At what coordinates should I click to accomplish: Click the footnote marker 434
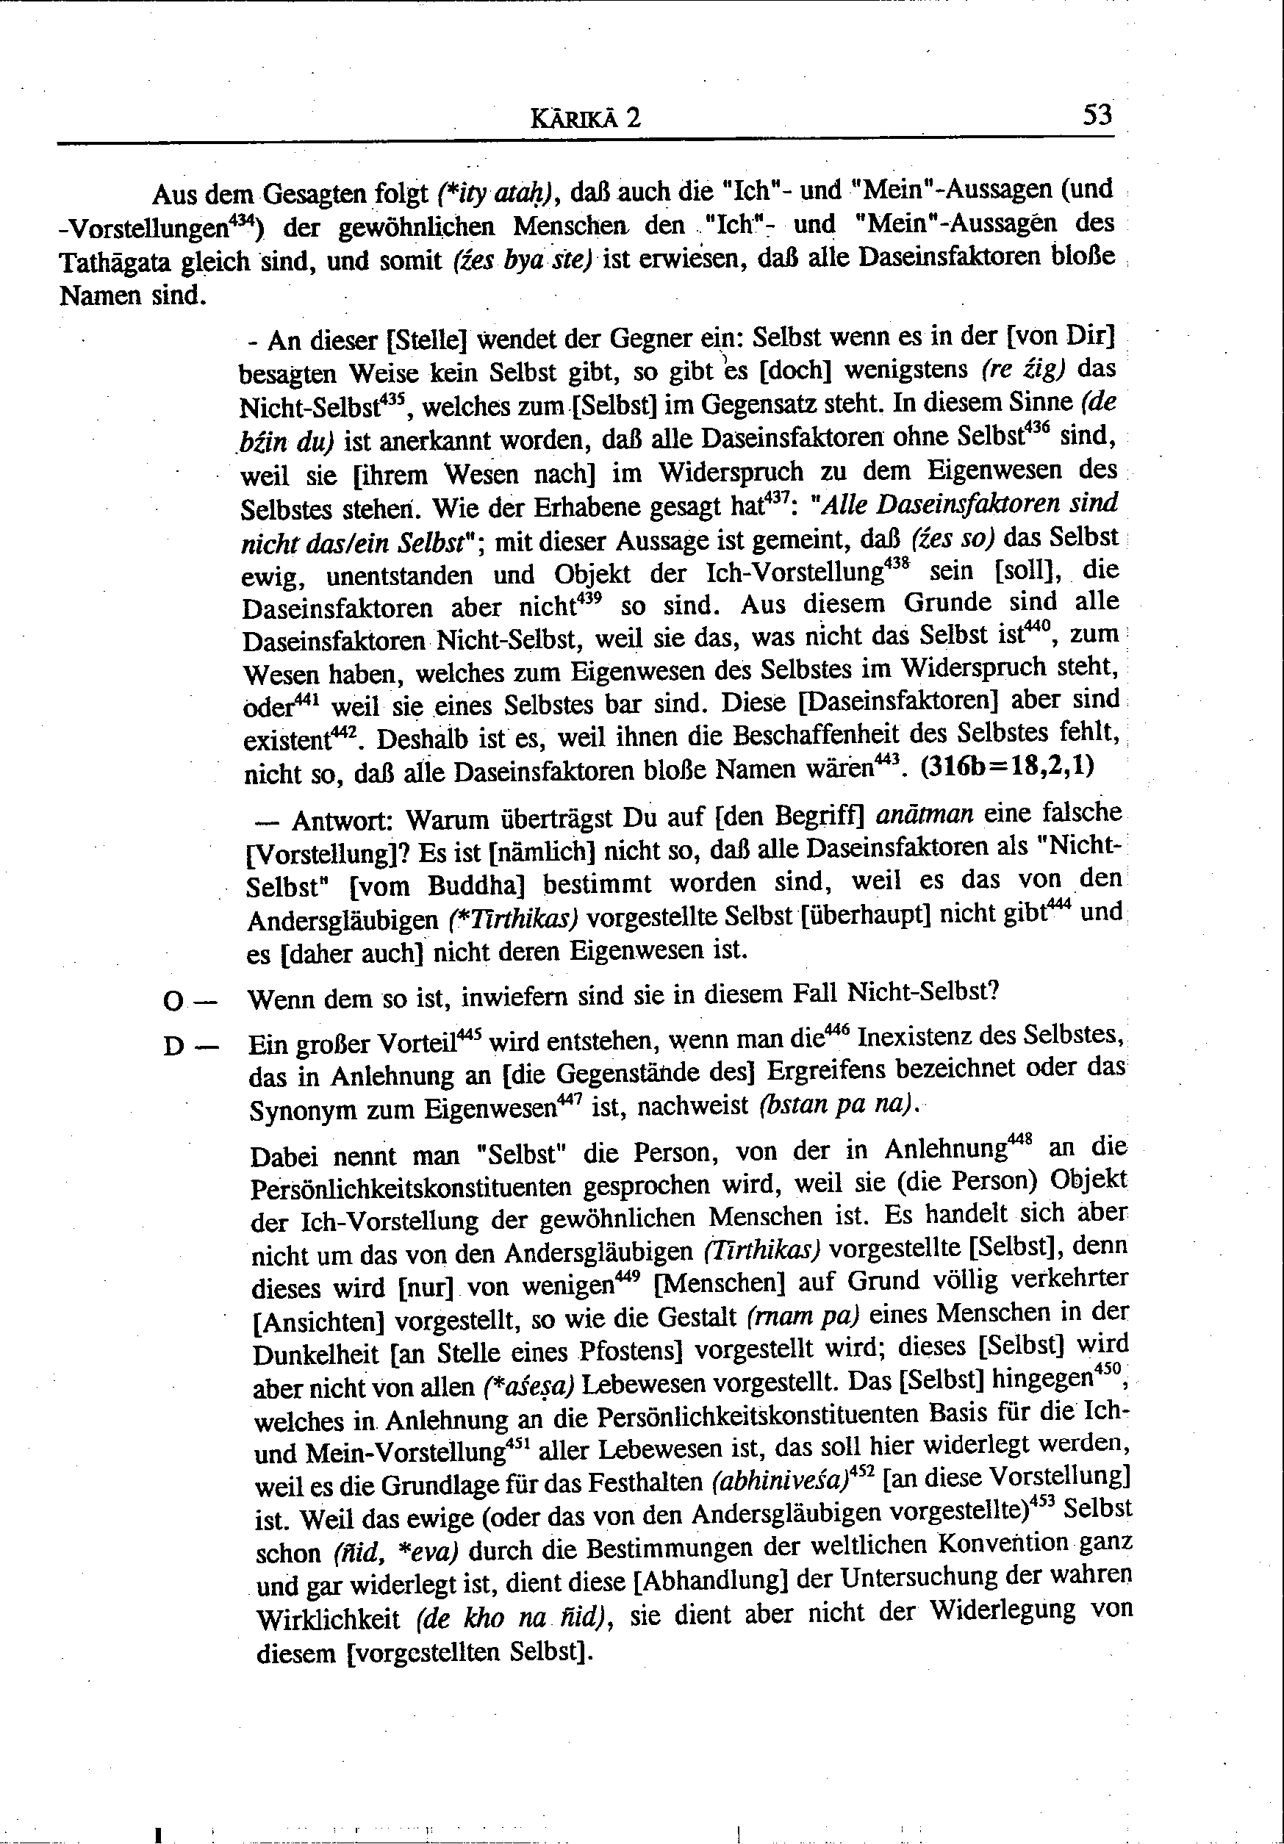[237, 219]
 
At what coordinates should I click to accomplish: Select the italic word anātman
[925, 815]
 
